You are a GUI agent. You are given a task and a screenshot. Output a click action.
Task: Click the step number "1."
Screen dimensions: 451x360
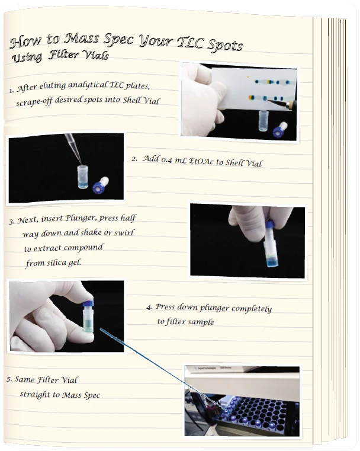pyautogui.click(x=11, y=91)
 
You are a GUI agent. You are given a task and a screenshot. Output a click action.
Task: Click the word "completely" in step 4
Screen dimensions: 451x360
pyautogui.click(x=251, y=309)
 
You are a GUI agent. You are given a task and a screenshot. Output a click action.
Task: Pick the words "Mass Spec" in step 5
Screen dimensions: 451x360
pyautogui.click(x=78, y=395)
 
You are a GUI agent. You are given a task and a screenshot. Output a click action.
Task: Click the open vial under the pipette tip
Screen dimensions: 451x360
pyautogui.click(x=82, y=177)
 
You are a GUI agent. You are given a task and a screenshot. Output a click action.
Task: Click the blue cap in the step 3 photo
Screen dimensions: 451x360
pyautogui.click(x=269, y=225)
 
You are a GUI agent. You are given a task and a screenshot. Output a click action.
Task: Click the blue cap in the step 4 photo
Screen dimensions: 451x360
pyautogui.click(x=88, y=303)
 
